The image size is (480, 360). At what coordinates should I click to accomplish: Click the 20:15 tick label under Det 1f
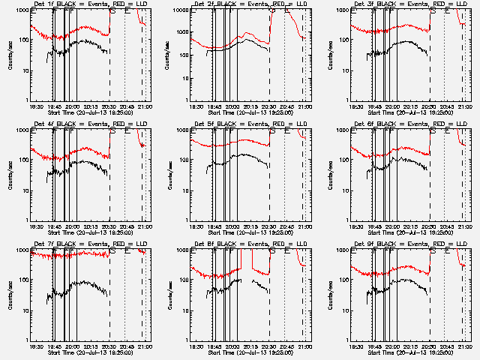pyautogui.click(x=91, y=106)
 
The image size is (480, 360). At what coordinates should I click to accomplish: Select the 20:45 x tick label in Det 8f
pyautogui.click(x=286, y=346)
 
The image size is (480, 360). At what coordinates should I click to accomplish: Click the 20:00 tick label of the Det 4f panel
pyautogui.click(x=72, y=226)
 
